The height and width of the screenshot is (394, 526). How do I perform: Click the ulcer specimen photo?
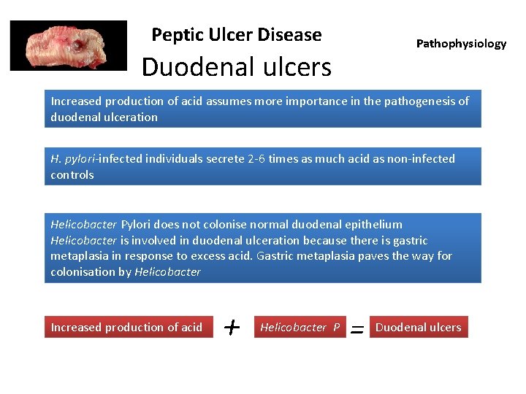tap(68, 45)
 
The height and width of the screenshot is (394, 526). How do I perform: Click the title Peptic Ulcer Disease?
tap(236, 34)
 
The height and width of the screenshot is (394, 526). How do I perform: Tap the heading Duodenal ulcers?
tap(236, 67)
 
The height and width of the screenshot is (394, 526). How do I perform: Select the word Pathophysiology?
tap(461, 44)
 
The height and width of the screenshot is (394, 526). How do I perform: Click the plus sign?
tap(232, 328)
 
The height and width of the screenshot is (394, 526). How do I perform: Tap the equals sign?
tap(357, 329)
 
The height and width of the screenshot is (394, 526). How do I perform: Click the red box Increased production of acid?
tap(126, 328)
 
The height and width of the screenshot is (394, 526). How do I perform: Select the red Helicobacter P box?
tap(300, 328)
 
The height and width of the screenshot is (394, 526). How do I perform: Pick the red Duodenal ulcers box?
tap(418, 328)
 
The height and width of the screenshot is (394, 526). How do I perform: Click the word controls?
tap(72, 175)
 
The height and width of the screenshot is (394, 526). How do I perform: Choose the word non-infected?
tap(420, 159)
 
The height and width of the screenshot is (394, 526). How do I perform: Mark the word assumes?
tap(229, 101)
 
